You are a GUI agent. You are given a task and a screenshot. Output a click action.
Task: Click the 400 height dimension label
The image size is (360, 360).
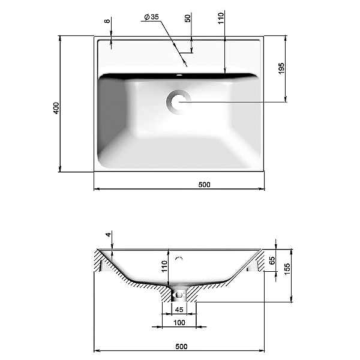[56, 108]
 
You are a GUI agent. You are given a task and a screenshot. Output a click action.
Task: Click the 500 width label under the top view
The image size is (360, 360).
[204, 185]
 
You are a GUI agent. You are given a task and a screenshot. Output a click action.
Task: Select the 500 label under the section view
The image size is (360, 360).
[181, 346]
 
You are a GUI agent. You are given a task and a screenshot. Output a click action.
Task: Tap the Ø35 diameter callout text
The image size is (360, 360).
[152, 17]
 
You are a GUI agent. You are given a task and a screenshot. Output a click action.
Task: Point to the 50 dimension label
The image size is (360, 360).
[188, 19]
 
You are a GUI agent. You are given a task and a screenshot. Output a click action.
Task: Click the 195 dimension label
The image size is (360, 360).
[281, 68]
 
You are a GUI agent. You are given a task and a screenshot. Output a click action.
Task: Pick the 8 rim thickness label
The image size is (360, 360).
[107, 21]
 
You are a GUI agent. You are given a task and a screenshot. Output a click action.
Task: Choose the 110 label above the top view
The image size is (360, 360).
[221, 19]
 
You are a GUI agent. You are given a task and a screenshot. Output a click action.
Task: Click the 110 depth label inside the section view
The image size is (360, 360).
[164, 266]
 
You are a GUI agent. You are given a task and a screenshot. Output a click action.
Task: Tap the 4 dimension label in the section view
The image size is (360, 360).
[108, 235]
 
